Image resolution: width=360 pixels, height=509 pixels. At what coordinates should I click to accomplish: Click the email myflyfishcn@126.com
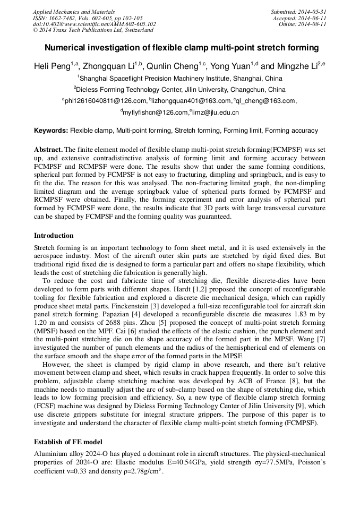coord(156,113)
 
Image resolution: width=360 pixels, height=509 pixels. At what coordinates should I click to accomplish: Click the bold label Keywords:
coord(51,131)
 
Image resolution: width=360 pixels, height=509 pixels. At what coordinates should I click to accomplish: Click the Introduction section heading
coord(54,236)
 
